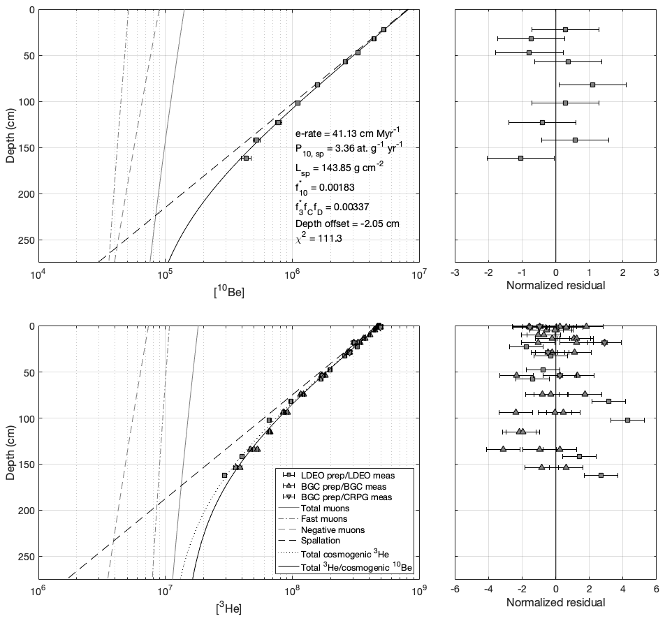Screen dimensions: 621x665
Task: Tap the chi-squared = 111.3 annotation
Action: tap(319, 238)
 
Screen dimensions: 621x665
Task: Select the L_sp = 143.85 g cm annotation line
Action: tap(337, 169)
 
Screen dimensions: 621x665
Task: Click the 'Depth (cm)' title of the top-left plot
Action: tap(10, 135)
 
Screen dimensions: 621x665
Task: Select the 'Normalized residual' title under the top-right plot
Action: tap(555, 285)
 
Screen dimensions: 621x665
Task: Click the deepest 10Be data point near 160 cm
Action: tap(246, 159)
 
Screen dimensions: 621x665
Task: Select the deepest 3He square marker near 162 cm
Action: tap(224, 476)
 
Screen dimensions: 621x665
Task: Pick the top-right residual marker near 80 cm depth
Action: tap(592, 85)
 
